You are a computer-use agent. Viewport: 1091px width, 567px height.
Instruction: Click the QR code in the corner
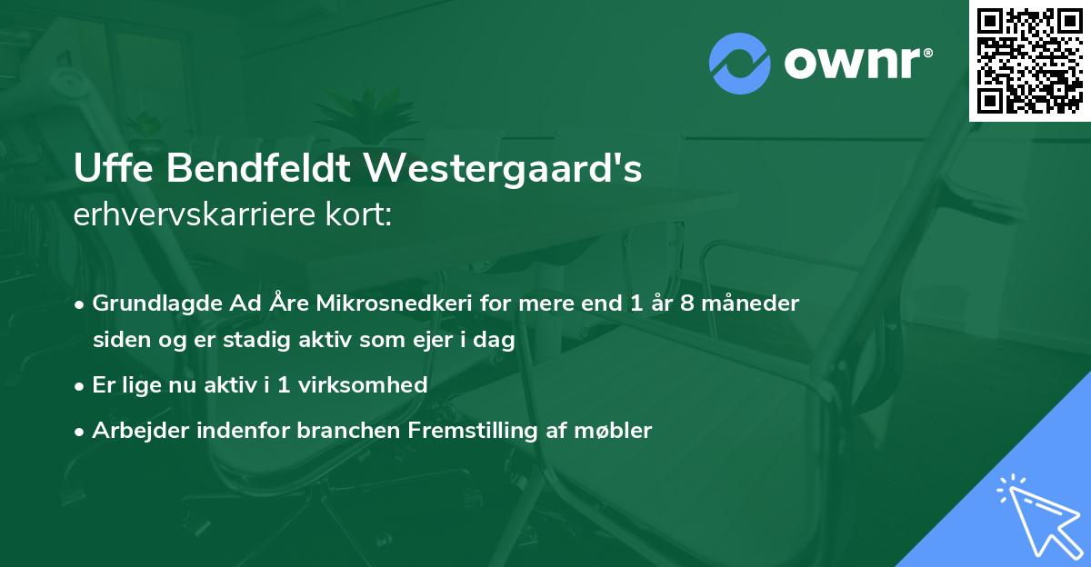[1030, 61]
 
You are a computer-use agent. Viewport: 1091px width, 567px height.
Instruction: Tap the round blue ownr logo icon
[740, 63]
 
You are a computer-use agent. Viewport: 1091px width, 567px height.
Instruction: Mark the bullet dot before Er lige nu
[81, 385]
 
